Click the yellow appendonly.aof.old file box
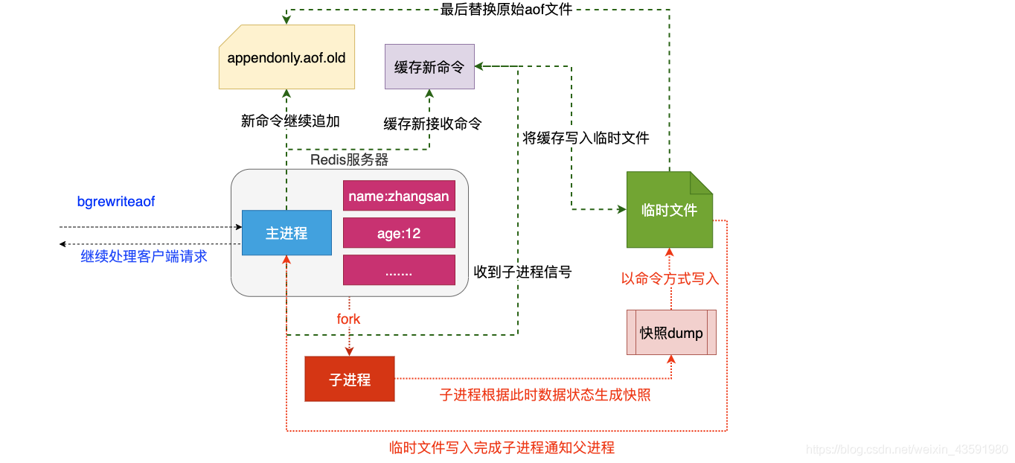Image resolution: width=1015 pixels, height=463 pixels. pyautogui.click(x=286, y=57)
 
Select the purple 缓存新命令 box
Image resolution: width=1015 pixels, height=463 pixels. pyautogui.click(x=429, y=67)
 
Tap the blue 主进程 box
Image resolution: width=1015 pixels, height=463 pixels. pyautogui.click(x=286, y=233)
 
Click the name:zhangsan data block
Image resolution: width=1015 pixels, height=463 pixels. pyautogui.click(x=399, y=197)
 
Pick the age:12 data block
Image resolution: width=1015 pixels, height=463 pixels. pyautogui.click(x=399, y=233)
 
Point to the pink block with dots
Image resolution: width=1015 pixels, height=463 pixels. pyautogui.click(x=399, y=270)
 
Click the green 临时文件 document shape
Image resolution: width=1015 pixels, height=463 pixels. pyautogui.click(x=669, y=210)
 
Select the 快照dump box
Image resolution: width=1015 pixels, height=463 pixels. pyautogui.click(x=671, y=333)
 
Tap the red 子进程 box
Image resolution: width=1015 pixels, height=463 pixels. pyautogui.click(x=350, y=380)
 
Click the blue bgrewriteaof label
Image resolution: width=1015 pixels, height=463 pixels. pyautogui.click(x=116, y=202)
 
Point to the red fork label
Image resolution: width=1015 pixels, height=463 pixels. pyautogui.click(x=348, y=319)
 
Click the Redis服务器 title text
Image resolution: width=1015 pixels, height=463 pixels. pyautogui.click(x=349, y=159)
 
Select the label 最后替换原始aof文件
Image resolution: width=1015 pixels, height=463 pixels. pyautogui.click(x=506, y=9)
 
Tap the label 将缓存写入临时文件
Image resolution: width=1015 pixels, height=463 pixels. pyautogui.click(x=586, y=138)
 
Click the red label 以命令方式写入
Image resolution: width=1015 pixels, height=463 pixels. pyautogui.click(x=670, y=278)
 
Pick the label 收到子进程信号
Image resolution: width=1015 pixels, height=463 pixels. pyautogui.click(x=522, y=272)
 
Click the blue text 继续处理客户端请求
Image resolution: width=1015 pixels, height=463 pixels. pyautogui.click(x=144, y=257)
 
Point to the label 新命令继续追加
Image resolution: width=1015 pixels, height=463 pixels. pyautogui.click(x=290, y=121)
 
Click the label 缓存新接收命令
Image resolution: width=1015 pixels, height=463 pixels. pyautogui.click(x=432, y=124)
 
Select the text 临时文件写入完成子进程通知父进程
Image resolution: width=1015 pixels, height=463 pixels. pyautogui.click(x=502, y=447)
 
